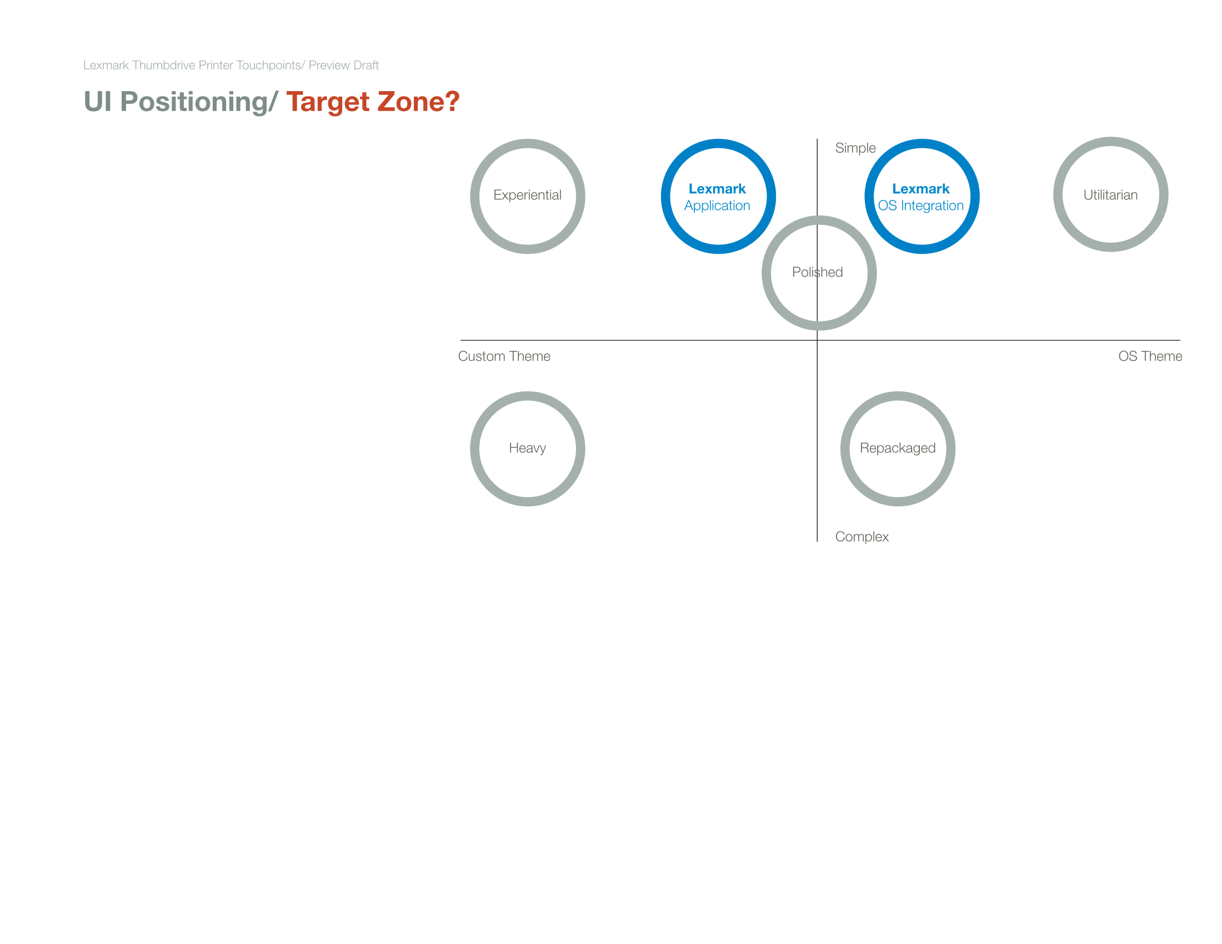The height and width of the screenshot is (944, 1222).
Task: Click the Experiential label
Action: pos(527,195)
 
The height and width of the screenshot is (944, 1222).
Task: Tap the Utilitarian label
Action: pos(1110,194)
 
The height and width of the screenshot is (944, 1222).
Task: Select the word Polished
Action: pos(817,272)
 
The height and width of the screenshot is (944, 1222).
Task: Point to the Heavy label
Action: pos(527,448)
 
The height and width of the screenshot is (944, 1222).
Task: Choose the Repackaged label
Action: pos(898,448)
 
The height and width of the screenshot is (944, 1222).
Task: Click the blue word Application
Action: pos(717,206)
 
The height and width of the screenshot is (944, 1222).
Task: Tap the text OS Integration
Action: pos(920,206)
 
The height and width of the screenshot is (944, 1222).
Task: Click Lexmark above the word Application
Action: pos(717,189)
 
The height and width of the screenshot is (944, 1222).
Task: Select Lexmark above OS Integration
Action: pos(920,189)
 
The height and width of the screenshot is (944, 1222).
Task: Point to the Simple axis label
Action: pos(855,148)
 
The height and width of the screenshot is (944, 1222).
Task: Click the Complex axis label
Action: pos(862,537)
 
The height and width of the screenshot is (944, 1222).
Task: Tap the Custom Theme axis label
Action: pos(504,356)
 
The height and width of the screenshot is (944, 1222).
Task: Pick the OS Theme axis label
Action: pos(1150,356)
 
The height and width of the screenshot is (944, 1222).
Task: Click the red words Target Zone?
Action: pos(373,102)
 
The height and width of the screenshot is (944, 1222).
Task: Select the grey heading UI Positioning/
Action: pos(180,102)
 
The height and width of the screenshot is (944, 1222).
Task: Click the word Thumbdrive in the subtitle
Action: pos(163,66)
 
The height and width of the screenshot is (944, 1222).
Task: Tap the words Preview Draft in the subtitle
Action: pos(343,66)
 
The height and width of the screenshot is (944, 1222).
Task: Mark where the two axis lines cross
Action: pos(817,340)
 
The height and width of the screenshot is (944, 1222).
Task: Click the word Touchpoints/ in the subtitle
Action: pos(271,66)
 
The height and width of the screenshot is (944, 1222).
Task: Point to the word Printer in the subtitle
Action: pos(216,66)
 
